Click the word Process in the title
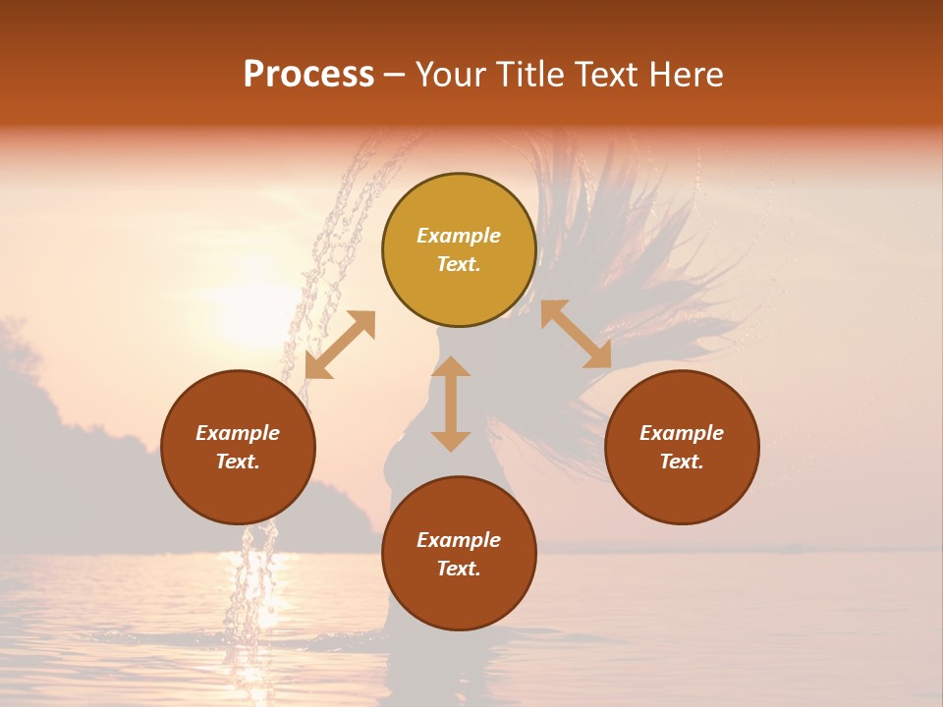click(308, 75)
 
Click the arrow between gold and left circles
click(340, 345)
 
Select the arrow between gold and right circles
click(577, 335)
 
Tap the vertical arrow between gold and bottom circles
click(451, 404)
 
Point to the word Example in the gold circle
click(459, 236)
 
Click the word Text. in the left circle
click(238, 462)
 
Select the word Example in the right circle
click(682, 433)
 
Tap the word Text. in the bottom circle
click(459, 569)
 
